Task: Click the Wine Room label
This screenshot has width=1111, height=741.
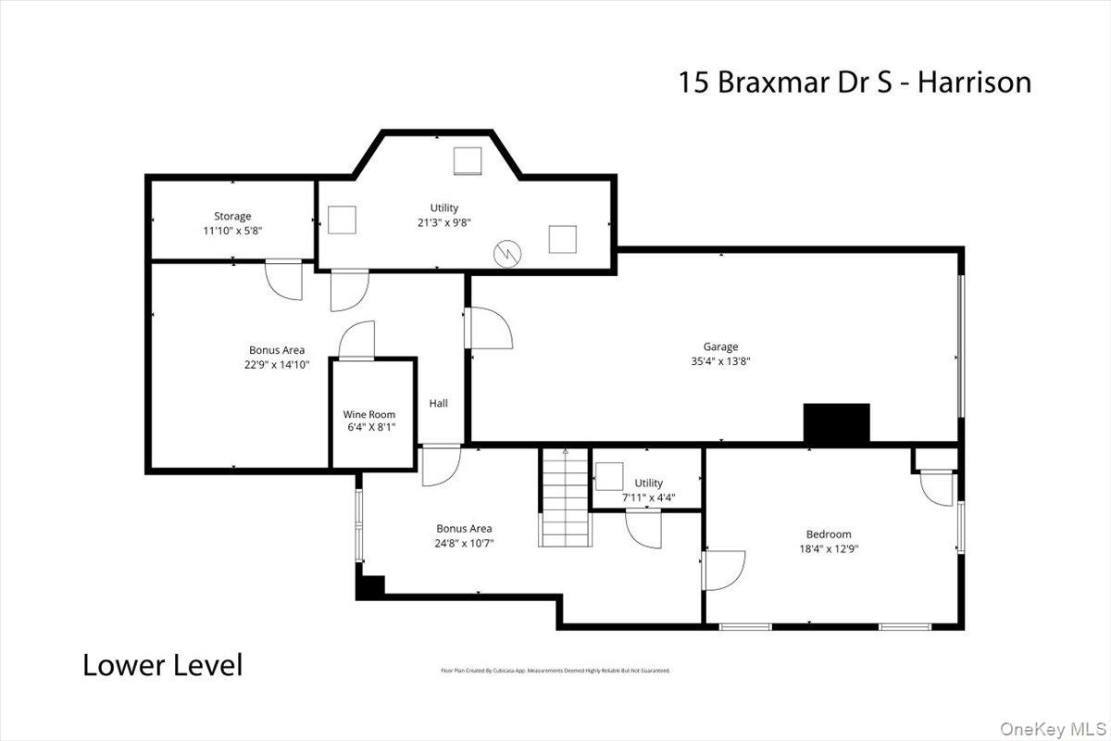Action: (369, 415)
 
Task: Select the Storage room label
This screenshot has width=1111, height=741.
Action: (232, 216)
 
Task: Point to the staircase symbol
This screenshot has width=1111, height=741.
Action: (565, 497)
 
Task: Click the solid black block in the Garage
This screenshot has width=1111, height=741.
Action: (836, 422)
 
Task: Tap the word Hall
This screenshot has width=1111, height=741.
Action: (438, 403)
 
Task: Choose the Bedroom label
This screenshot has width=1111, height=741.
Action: (828, 534)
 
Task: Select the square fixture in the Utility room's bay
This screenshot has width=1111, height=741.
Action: (467, 161)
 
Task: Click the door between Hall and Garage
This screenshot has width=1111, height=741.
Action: (489, 328)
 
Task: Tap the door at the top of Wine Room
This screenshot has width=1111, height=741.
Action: (357, 341)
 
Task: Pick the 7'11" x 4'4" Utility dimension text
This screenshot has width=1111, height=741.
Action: (648, 497)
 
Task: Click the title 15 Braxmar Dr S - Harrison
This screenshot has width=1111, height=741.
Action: (855, 82)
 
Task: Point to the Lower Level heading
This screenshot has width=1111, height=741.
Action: (163, 664)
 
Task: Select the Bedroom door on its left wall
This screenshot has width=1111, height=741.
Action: (723, 571)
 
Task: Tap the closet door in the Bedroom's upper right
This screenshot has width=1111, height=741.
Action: (935, 487)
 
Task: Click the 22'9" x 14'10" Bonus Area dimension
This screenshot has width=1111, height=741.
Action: (276, 364)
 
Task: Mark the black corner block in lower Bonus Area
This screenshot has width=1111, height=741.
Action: (370, 586)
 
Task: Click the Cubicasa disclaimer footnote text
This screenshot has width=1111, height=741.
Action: (555, 670)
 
